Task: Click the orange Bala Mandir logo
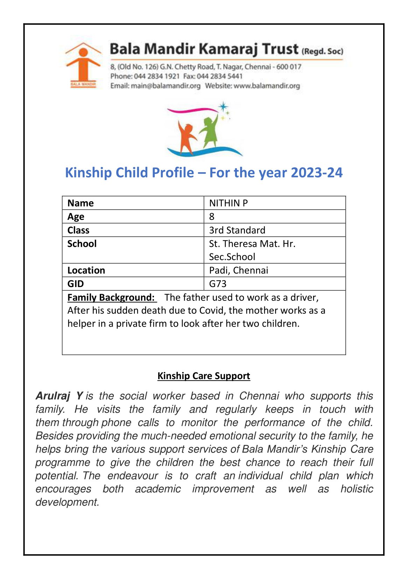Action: click(x=83, y=65)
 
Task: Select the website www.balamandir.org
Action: click(x=267, y=86)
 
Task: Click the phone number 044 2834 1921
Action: click(x=157, y=76)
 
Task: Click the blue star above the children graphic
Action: click(x=223, y=106)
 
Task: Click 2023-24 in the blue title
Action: click(x=317, y=173)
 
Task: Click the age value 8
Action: click(x=212, y=217)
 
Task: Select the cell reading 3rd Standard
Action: click(x=237, y=230)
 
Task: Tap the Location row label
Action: click(x=86, y=270)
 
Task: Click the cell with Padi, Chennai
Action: click(x=238, y=270)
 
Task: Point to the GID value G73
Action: click(x=218, y=284)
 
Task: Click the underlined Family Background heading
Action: click(x=111, y=298)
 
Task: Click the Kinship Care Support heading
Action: click(x=204, y=376)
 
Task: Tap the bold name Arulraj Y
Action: click(x=59, y=396)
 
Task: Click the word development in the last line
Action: click(x=67, y=502)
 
